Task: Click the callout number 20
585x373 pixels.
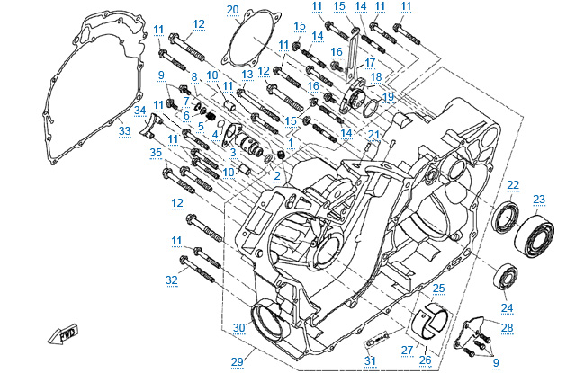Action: [233, 10]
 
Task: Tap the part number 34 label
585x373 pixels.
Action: [139, 111]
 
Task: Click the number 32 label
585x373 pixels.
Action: [172, 280]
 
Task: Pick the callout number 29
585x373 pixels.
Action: [237, 361]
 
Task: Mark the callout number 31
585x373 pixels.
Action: [370, 361]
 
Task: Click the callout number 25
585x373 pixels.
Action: [438, 288]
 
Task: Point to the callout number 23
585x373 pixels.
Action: [539, 200]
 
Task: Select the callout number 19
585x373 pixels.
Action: [389, 96]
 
